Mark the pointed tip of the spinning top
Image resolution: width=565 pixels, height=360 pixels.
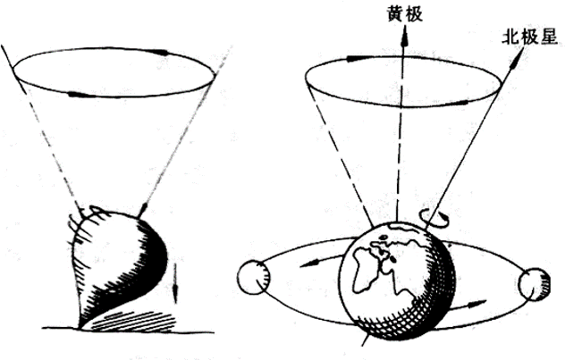81,325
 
